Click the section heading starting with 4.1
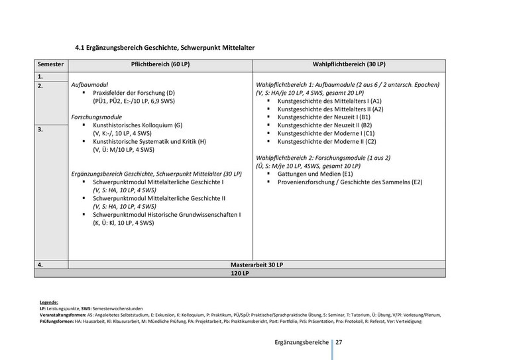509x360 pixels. coord(164,48)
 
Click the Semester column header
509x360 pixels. coord(51,65)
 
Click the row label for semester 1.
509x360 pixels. coord(40,77)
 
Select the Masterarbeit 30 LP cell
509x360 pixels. coord(256,264)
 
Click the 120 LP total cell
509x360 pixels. coord(239,272)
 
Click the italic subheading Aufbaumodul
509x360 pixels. coord(89,86)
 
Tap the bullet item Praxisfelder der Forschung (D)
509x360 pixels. coord(135,93)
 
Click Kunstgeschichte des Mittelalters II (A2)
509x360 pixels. coord(330,109)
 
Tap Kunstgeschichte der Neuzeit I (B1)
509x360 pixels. coord(324,117)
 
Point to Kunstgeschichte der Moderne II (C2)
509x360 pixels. coord(327,141)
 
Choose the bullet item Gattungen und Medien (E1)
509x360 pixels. coord(315,173)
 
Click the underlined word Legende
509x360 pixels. coord(49,302)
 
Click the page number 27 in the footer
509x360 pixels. coord(339,342)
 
